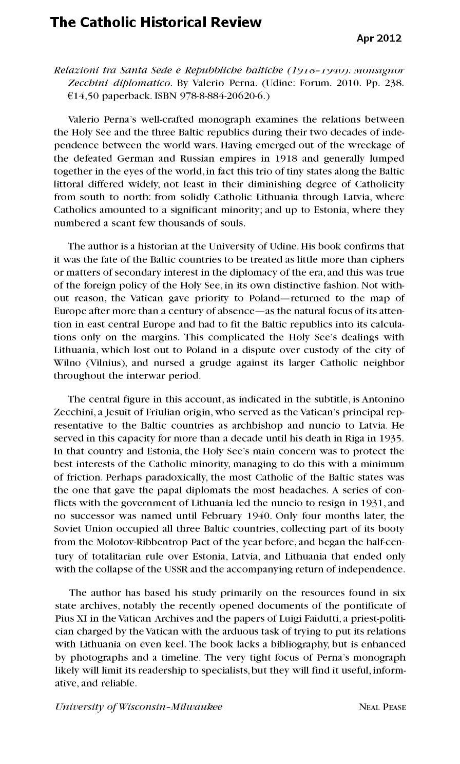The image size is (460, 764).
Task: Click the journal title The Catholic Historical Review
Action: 156,23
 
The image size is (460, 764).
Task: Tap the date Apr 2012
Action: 379,38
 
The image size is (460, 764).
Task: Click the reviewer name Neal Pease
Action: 382,708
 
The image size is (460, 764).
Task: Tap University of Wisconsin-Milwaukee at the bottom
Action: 139,707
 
